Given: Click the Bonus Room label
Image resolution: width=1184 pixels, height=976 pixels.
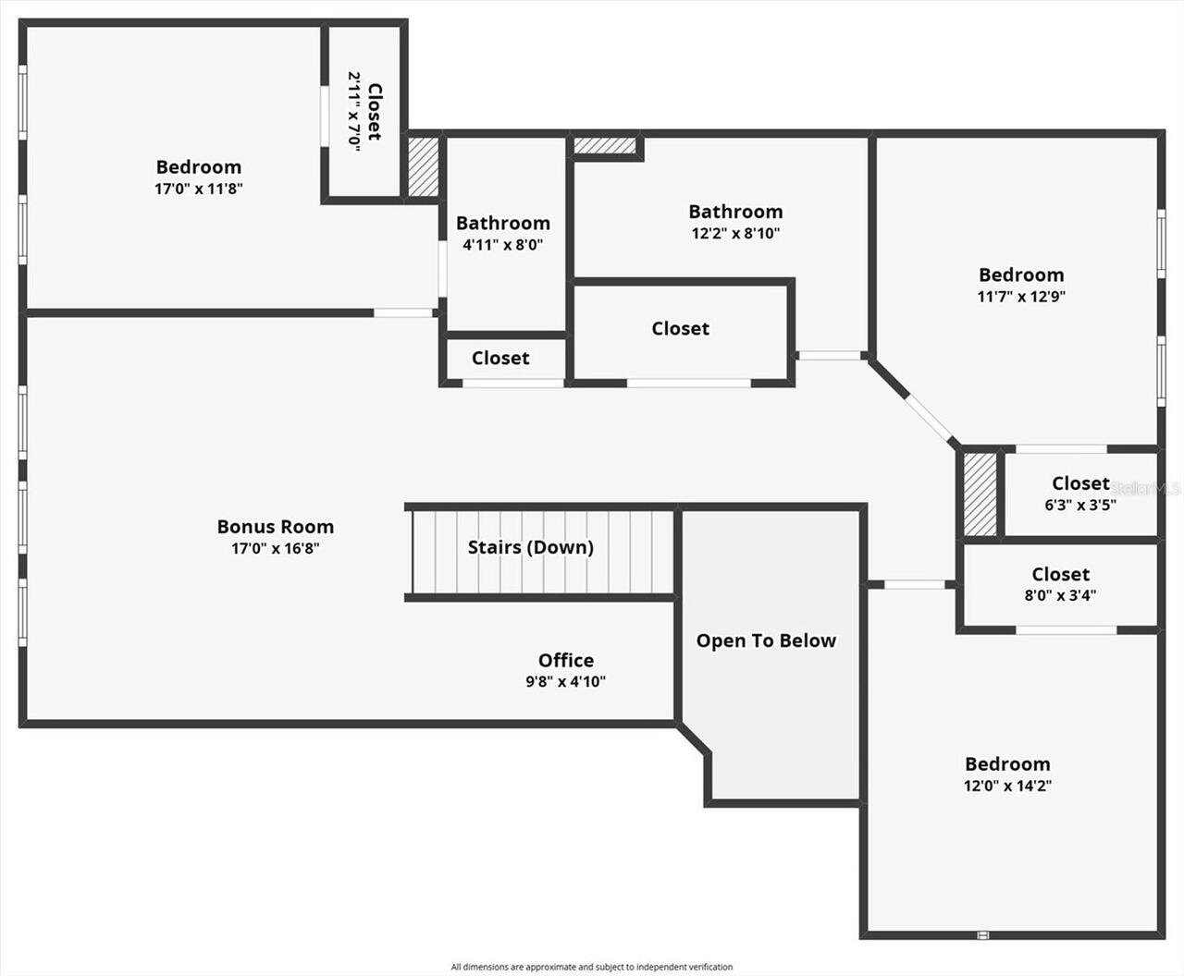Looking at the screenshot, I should (x=275, y=527).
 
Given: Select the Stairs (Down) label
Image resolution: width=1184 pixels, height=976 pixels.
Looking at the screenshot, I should (x=530, y=547).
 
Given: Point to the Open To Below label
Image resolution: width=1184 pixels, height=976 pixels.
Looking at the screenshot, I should (x=766, y=640).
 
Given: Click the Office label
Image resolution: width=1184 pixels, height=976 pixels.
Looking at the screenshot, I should (x=566, y=660).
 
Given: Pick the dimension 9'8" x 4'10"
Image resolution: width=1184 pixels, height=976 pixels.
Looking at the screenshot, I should (x=566, y=682).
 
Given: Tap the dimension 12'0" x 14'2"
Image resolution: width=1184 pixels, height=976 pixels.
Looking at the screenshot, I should (x=1007, y=787).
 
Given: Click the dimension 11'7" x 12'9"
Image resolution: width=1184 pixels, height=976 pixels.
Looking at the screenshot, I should (x=1021, y=297).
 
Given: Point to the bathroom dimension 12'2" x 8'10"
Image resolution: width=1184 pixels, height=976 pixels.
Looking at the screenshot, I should (x=735, y=234).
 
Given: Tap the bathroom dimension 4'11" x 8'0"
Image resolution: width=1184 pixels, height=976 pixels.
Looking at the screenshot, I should (x=502, y=245).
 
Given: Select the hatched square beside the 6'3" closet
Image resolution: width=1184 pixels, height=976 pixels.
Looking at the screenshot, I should (x=980, y=494).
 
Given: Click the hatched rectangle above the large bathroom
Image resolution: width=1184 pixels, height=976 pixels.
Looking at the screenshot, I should (x=606, y=146).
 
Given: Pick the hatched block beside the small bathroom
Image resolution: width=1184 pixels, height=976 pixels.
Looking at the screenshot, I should (x=424, y=166).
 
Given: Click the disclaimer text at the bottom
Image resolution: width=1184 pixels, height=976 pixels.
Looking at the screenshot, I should (x=592, y=967).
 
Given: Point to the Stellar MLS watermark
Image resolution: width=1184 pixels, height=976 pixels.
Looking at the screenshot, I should (x=1146, y=488).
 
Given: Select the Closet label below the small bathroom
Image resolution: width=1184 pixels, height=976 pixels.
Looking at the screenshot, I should (x=500, y=358).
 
